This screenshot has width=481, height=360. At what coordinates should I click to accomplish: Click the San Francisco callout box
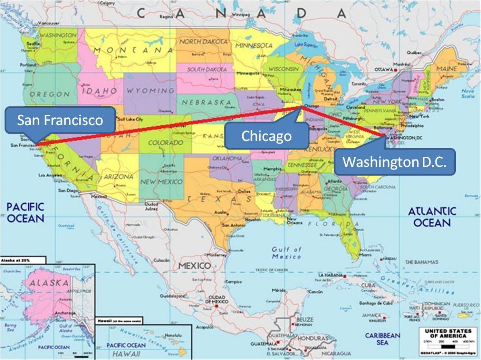[x=60, y=120]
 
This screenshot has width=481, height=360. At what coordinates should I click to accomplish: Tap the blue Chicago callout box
[x=267, y=136]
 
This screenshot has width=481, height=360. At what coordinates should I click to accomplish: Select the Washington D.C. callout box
[x=394, y=162]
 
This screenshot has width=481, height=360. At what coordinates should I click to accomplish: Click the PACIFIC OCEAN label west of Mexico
[x=25, y=212]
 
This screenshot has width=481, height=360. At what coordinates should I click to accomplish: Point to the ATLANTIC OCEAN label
[x=432, y=217]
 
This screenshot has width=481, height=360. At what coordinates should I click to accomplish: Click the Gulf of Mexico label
[x=286, y=253]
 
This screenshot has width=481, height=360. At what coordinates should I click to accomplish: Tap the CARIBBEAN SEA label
[x=382, y=339]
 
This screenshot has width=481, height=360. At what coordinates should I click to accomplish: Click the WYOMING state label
[x=151, y=91]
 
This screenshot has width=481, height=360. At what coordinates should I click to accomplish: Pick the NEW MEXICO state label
[x=162, y=182]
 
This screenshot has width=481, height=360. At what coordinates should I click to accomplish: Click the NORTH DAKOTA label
[x=203, y=42]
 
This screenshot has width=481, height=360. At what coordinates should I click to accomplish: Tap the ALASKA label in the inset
[x=50, y=283]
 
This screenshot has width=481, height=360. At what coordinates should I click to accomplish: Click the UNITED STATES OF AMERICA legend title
[x=445, y=334]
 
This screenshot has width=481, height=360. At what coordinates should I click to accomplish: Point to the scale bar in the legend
[x=445, y=346]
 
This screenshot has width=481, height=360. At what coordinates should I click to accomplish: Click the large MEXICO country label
[x=194, y=266]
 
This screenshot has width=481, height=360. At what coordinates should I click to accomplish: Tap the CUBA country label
[x=368, y=285]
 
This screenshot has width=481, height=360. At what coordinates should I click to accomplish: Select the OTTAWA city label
[x=384, y=69]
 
